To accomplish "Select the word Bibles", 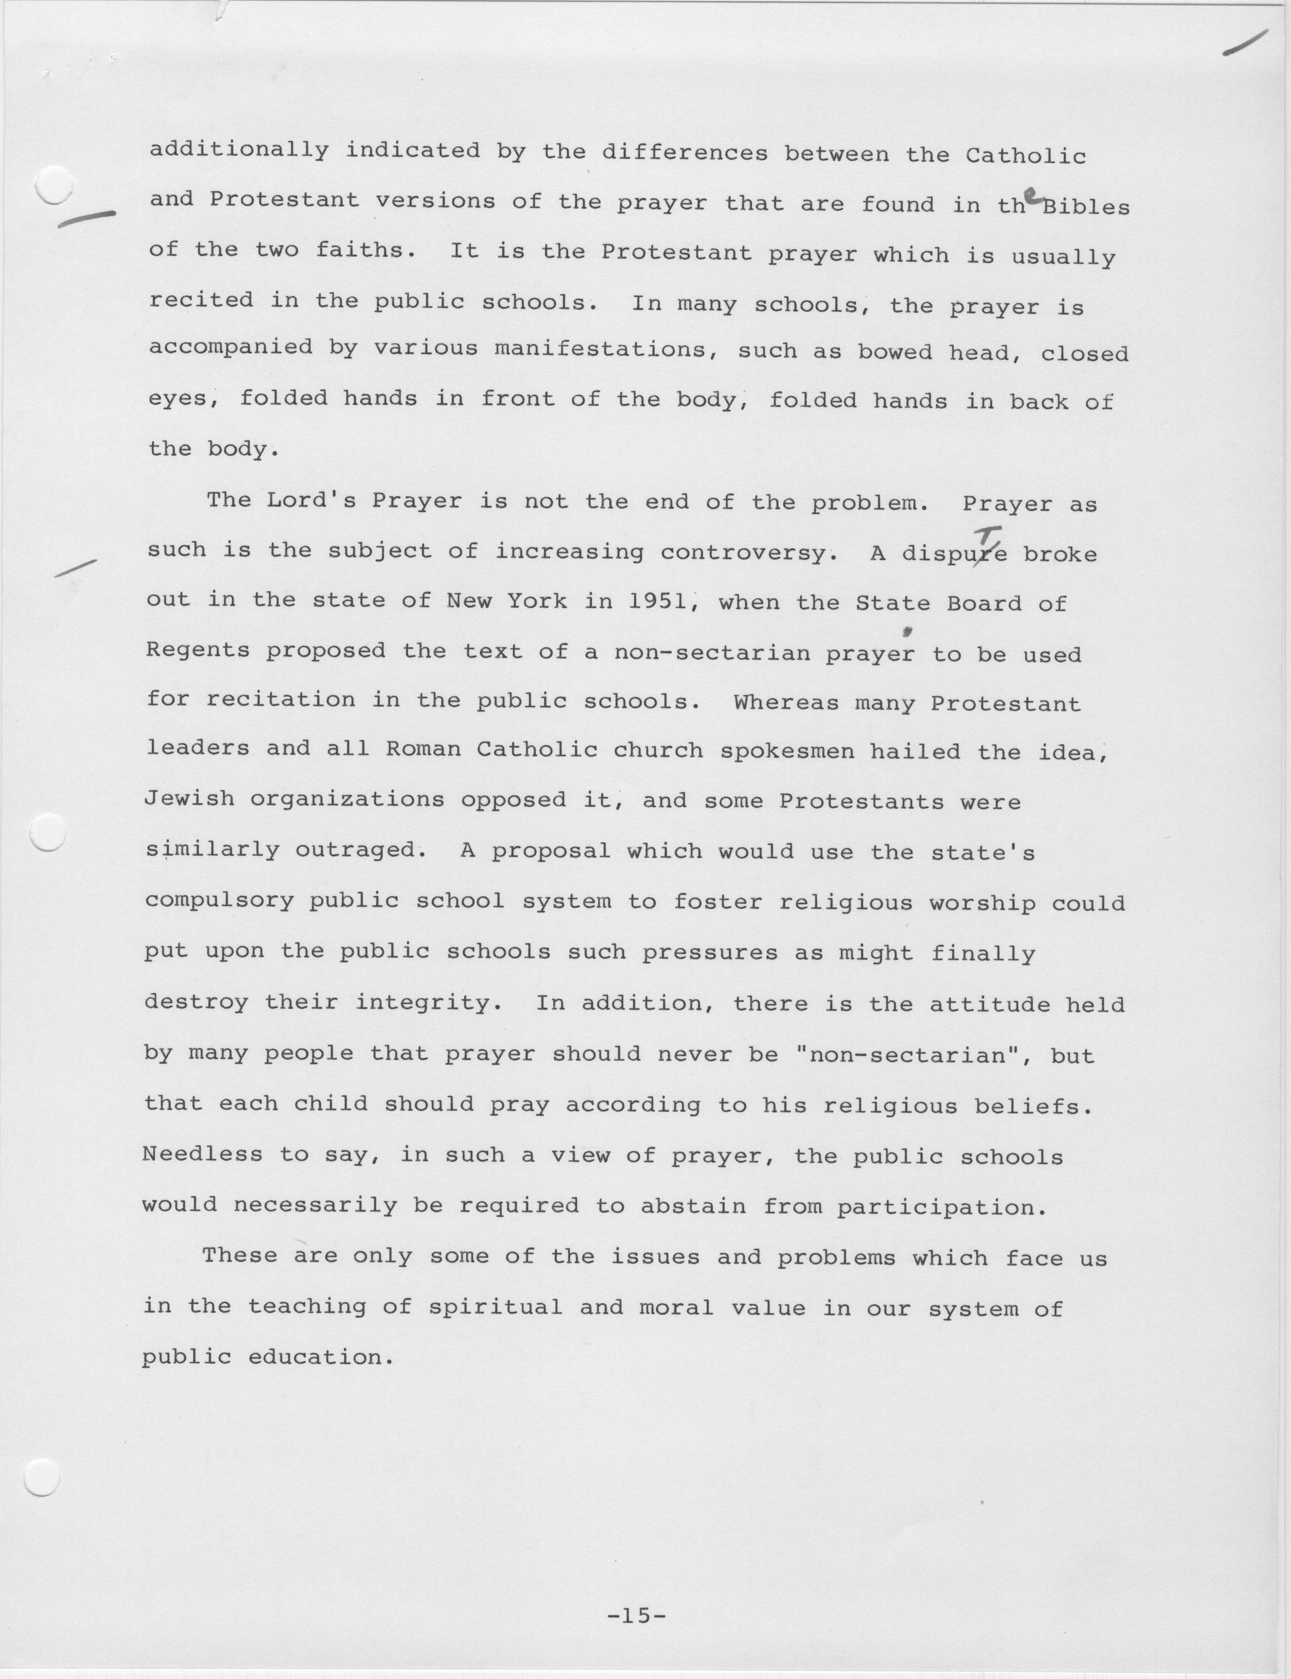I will click(x=1085, y=207).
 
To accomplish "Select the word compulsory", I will click(x=219, y=900).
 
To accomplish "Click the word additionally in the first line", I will click(x=238, y=150).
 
